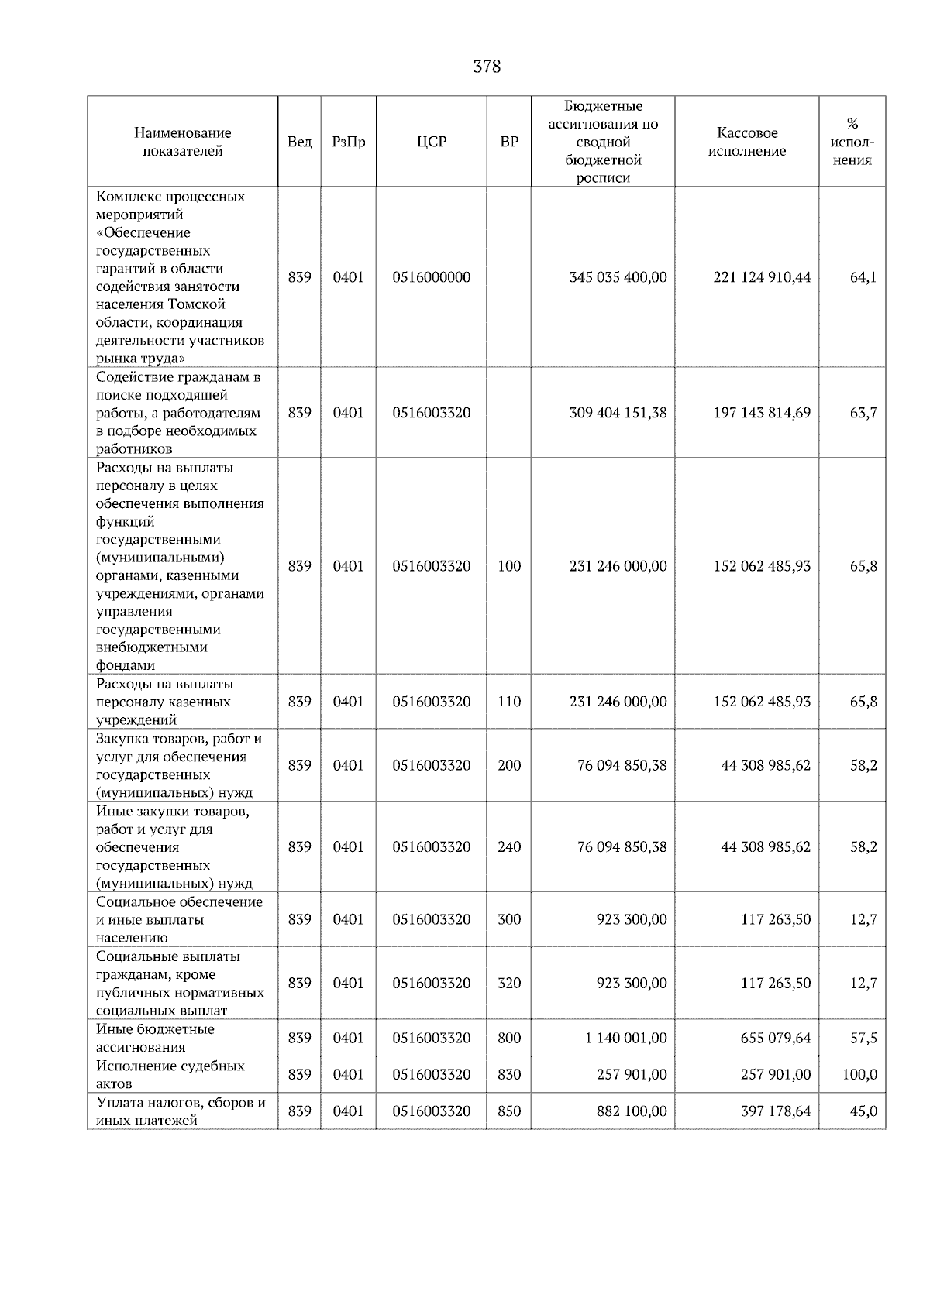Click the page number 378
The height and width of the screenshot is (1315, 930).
point(487,67)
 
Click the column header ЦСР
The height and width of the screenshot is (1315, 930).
point(432,142)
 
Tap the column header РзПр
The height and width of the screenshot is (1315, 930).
point(348,142)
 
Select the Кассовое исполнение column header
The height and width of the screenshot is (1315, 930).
point(747,142)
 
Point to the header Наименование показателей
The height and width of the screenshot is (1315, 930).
point(182,142)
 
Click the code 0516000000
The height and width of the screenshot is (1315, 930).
point(432,277)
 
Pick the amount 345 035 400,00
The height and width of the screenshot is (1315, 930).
point(618,277)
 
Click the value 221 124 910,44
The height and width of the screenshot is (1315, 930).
point(762,277)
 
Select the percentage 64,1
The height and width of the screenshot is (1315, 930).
point(863,277)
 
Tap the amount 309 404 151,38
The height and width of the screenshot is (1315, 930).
point(618,413)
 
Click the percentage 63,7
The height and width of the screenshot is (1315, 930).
point(863,413)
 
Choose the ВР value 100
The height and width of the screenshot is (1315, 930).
point(509,566)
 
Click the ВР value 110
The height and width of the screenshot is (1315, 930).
point(509,702)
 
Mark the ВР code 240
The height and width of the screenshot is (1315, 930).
point(509,846)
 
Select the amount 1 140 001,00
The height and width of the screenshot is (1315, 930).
point(625,1038)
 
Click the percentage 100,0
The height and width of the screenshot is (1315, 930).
point(860,1074)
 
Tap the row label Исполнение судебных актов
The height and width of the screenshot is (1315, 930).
point(170,1074)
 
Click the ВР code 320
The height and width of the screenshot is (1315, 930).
point(509,983)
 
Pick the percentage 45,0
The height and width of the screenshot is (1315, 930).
point(863,1111)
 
